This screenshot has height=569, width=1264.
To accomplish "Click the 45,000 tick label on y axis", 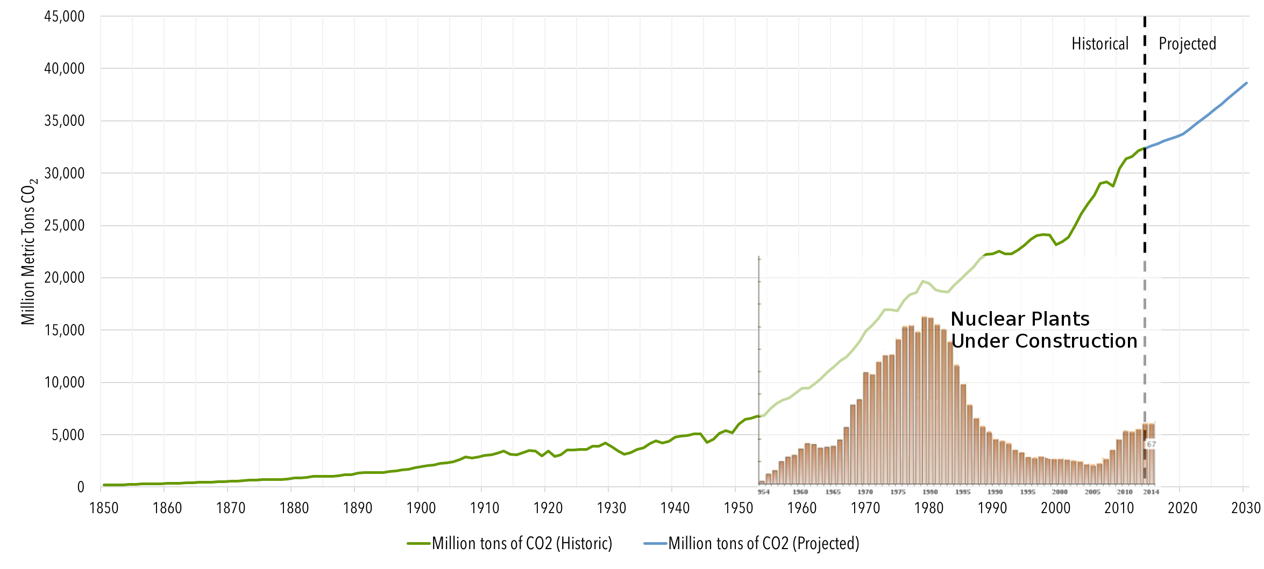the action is tap(65, 17).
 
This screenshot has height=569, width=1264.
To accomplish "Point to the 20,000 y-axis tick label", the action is tap(65, 278).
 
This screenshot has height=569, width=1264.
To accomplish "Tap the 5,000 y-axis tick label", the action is tap(68, 435).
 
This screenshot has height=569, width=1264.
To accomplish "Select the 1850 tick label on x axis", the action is tap(103, 508).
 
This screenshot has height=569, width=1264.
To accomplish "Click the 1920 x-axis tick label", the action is tap(548, 508).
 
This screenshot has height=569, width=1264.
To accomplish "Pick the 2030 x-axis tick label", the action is tap(1246, 508).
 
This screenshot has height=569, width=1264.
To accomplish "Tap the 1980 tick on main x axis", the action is tap(928, 508).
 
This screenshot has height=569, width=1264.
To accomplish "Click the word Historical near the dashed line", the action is tap(1100, 44).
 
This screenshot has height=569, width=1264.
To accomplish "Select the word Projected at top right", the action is tap(1187, 44).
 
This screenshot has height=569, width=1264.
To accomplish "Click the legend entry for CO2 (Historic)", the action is tap(522, 543).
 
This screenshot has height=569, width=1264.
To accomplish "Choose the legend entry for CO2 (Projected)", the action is tap(763, 543).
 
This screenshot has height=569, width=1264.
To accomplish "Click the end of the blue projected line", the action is tap(1246, 83).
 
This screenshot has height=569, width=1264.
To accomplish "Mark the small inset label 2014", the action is tap(1151, 492).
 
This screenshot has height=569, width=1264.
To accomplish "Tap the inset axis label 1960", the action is tap(800, 492).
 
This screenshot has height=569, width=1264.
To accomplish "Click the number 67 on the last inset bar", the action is tap(1151, 444).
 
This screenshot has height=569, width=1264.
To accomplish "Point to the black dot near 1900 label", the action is tap(417, 505).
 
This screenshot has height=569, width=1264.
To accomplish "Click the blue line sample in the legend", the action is tap(655, 544).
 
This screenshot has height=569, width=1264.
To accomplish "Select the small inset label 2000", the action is tap(1060, 492).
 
